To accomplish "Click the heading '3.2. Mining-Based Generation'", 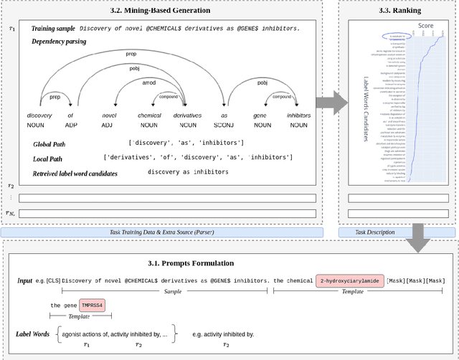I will point(170,11).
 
